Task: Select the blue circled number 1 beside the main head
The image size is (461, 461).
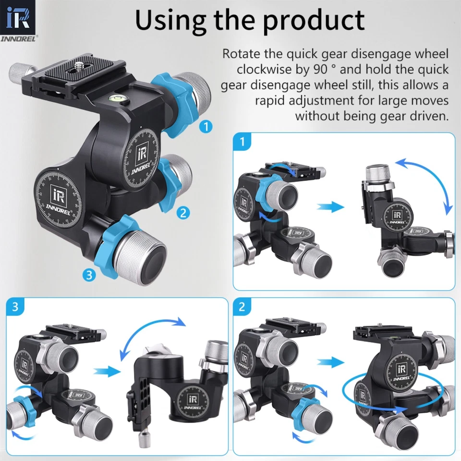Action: pyautogui.click(x=206, y=127)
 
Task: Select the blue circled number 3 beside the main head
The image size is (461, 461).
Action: pyautogui.click(x=89, y=275)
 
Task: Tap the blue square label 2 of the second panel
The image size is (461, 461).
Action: pyautogui.click(x=242, y=307)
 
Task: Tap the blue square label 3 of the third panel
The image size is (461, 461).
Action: pyautogui.click(x=15, y=307)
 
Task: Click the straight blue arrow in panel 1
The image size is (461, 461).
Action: pyautogui.click(x=331, y=207)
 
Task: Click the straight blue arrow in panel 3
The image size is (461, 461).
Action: pyautogui.click(x=106, y=371)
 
